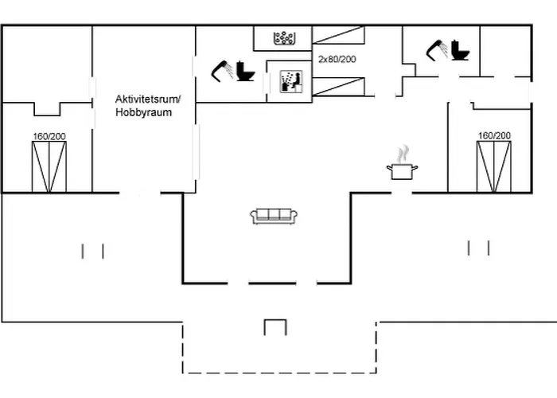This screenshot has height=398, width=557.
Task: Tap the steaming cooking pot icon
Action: click(403, 165)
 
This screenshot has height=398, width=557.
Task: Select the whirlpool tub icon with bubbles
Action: click(285, 37)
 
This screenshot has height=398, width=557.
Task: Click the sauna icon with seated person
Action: click(287, 80)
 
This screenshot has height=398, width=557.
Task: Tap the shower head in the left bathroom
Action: click(222, 70)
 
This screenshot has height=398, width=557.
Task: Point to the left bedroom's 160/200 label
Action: click(49, 136)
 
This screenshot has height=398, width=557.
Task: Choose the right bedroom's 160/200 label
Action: click(493, 136)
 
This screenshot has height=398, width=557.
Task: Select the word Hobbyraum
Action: click(144, 113)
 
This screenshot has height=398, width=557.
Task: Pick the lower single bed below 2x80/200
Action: click(338, 86)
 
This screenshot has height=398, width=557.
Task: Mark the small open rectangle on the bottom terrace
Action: click(275, 326)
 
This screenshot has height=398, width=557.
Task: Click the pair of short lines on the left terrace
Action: click(93, 251)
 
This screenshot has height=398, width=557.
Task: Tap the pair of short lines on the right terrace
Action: click(479, 248)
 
